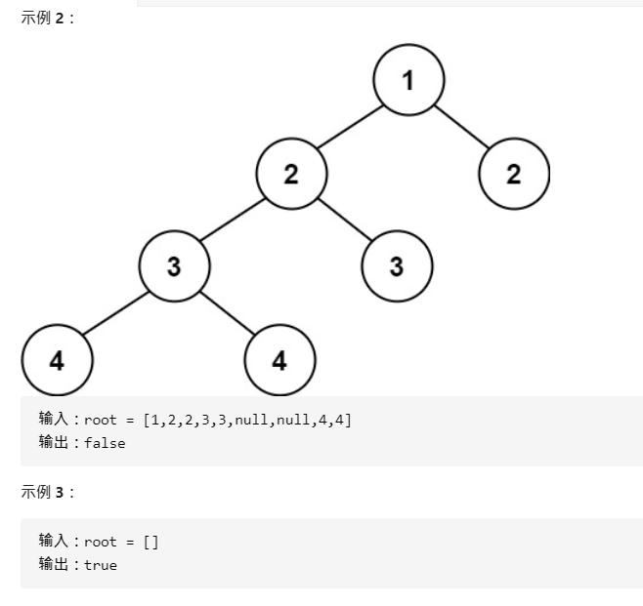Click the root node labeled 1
tap(408, 81)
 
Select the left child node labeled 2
tap(291, 175)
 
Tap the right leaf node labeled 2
tap(514, 175)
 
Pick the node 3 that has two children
tap(174, 266)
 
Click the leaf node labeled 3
tap(397, 266)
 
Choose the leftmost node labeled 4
tap(57, 360)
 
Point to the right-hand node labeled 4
tap(279, 360)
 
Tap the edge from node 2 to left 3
tap(233, 221)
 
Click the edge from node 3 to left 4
tap(115, 313)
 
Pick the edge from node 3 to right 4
tap(227, 313)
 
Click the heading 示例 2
tap(48, 19)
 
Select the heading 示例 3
tap(48, 492)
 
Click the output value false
tap(105, 443)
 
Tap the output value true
tap(101, 565)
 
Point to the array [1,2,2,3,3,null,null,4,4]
tap(247, 420)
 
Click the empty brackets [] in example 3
tap(150, 542)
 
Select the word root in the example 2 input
tap(101, 420)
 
